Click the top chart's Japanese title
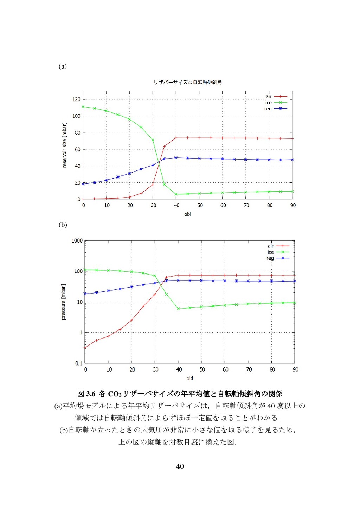coord(188,82)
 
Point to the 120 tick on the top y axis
coord(76,99)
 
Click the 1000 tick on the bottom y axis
coord(77,241)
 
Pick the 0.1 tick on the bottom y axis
coord(79,363)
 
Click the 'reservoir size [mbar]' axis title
coord(64,145)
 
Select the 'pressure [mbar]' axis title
coord(63,302)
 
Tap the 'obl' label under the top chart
coord(187,214)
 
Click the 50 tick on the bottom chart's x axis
coord(202,369)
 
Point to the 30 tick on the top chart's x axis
coord(153,205)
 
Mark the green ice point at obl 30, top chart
coord(153,140)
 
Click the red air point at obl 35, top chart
coord(164,146)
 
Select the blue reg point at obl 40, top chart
coord(176,158)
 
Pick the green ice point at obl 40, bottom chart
coord(178,309)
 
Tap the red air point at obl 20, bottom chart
coord(131,320)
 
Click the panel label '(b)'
coord(63,225)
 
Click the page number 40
coord(180,466)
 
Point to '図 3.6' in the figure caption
coord(86,394)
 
